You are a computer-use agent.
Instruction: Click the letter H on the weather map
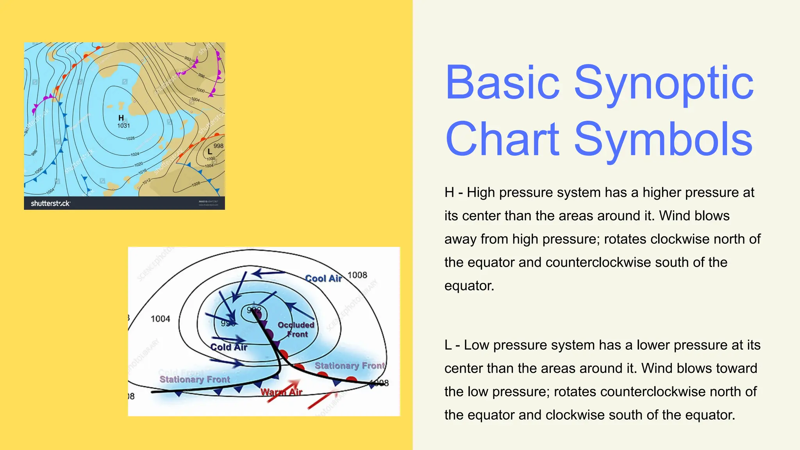coord(121,118)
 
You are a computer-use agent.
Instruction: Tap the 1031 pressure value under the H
coord(123,126)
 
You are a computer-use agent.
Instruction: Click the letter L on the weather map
coord(210,152)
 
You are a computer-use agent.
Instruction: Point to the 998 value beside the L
coord(218,146)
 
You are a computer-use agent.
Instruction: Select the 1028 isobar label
coord(130,138)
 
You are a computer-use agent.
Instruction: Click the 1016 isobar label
coord(142,171)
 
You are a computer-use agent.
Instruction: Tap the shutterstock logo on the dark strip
coord(50,203)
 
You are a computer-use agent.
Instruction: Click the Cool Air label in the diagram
coord(323,279)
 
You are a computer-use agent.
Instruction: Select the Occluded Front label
coord(296,329)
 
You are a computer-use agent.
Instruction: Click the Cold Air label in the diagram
coord(229,347)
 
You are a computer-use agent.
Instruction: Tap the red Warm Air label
coord(281,392)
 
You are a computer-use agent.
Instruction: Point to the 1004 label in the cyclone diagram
coord(160,319)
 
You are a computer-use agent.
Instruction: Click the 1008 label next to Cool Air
coord(357,275)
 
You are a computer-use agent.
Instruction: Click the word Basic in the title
coord(502,83)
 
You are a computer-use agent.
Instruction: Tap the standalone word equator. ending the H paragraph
coord(469,286)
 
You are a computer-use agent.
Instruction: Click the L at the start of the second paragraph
coord(448,345)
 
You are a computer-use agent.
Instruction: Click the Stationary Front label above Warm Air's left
coord(195,379)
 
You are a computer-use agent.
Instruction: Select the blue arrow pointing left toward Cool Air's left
coord(268,273)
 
